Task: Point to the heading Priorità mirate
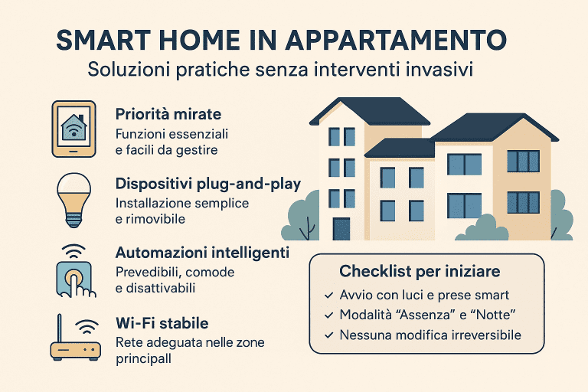pos(168,114)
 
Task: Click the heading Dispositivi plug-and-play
pos(207,185)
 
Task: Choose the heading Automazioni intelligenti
pos(201,253)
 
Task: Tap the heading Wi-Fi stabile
pos(162,323)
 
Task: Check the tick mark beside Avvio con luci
pos(328,295)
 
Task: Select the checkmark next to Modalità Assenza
pos(328,315)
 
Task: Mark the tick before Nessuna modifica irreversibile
pos(328,335)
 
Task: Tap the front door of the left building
pos(341,228)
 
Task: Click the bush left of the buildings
pos(301,217)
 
